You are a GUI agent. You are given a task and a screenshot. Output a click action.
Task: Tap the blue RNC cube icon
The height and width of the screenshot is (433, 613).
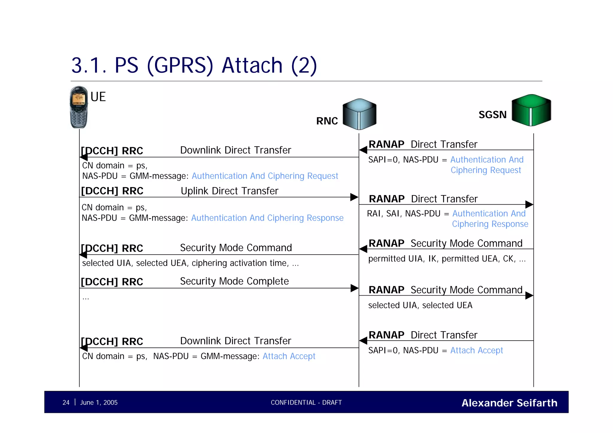(359, 114)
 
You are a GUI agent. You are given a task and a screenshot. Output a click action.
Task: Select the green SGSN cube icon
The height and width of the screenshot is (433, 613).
(531, 110)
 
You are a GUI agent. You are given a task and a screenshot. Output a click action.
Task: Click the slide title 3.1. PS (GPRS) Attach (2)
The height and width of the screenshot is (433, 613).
(194, 65)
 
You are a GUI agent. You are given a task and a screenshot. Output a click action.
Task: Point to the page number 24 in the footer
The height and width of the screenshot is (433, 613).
(66, 402)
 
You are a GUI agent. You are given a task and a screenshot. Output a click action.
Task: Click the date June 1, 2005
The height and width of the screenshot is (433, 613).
(99, 402)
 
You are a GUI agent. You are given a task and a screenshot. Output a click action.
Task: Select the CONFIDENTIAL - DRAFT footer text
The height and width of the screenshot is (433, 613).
(306, 402)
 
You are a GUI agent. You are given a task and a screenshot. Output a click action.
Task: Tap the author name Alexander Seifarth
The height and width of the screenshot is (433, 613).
(509, 403)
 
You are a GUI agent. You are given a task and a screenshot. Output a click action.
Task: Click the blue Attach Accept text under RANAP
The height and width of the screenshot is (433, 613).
(477, 350)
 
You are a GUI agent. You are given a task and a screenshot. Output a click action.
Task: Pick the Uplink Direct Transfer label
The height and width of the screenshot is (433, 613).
(230, 191)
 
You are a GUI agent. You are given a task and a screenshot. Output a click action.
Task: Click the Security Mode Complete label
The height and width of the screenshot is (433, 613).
(234, 281)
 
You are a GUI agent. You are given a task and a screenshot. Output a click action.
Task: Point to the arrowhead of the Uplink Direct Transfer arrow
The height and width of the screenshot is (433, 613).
(354, 197)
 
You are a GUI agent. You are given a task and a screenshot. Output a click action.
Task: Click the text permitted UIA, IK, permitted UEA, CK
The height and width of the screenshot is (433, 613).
(447, 259)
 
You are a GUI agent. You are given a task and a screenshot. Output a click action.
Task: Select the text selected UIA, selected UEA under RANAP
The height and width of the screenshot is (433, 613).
(420, 305)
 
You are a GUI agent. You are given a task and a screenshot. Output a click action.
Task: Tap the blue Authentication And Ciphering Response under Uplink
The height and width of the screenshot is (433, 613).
(267, 218)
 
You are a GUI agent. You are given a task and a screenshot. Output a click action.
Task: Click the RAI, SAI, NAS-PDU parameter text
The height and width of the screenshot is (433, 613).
(403, 214)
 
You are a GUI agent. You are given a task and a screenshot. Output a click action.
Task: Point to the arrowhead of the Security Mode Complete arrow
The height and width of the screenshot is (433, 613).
(354, 288)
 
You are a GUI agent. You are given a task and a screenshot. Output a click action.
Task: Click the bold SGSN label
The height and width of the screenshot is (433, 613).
(492, 115)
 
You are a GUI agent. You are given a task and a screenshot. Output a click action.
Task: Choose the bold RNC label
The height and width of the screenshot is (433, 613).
(327, 121)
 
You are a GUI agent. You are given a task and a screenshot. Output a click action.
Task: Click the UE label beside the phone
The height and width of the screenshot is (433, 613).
(98, 97)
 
